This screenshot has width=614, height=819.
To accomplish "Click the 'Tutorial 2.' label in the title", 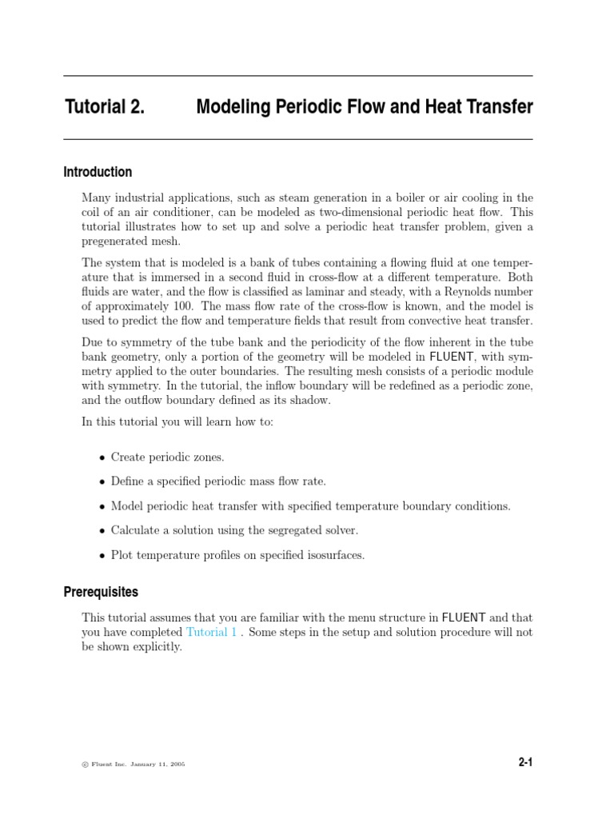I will (x=104, y=107).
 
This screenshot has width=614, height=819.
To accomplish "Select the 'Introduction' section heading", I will (x=98, y=172).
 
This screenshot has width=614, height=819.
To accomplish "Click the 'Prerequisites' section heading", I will (x=101, y=593).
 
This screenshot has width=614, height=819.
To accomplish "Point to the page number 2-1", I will (x=524, y=763).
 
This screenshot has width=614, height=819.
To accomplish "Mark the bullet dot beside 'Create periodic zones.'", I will (x=102, y=457).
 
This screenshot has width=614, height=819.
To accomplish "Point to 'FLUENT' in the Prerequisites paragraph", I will (x=463, y=617).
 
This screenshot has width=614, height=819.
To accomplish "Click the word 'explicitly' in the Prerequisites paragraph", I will (x=157, y=646).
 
